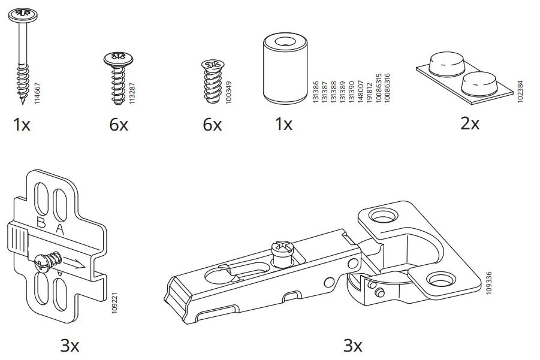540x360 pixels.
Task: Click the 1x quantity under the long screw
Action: coord(22,125)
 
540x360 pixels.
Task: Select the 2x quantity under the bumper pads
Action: coord(470,123)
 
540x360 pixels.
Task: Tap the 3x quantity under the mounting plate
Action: coord(70,346)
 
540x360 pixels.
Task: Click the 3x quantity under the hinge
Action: coord(352,346)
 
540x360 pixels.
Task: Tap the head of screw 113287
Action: coord(118,59)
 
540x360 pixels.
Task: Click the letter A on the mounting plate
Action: coord(59,229)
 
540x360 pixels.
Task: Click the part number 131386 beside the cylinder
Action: coord(316,92)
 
